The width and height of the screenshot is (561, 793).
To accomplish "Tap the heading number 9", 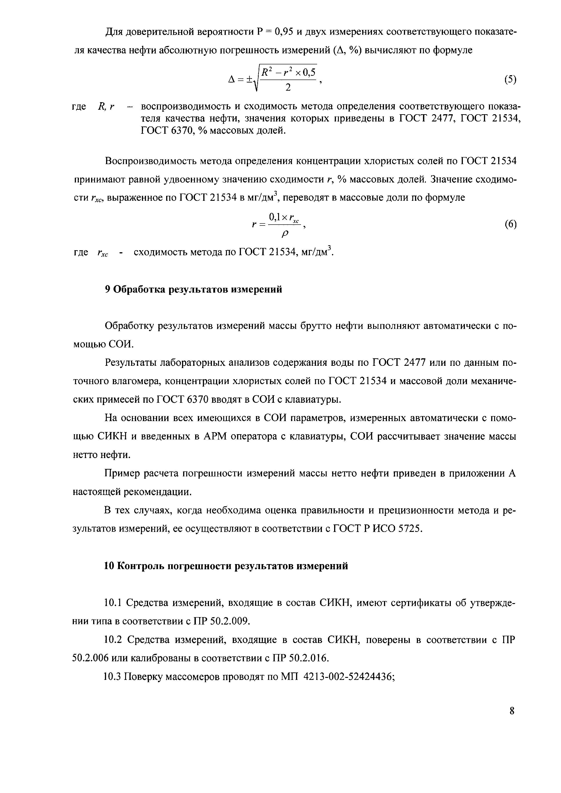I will [107, 289].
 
